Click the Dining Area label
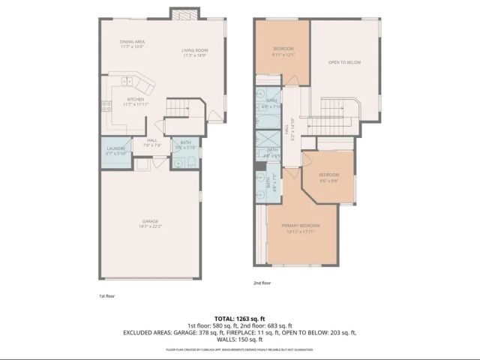coord(131,43)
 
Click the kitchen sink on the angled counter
coord(128,81)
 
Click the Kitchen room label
coord(135,100)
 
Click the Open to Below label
coord(344,62)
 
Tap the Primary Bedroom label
coord(301,226)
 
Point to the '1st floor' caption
coord(107,295)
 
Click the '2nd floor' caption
coord(260,283)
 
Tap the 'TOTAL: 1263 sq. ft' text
coord(240,318)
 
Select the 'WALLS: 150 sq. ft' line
coord(240,338)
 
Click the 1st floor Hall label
coord(152,141)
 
